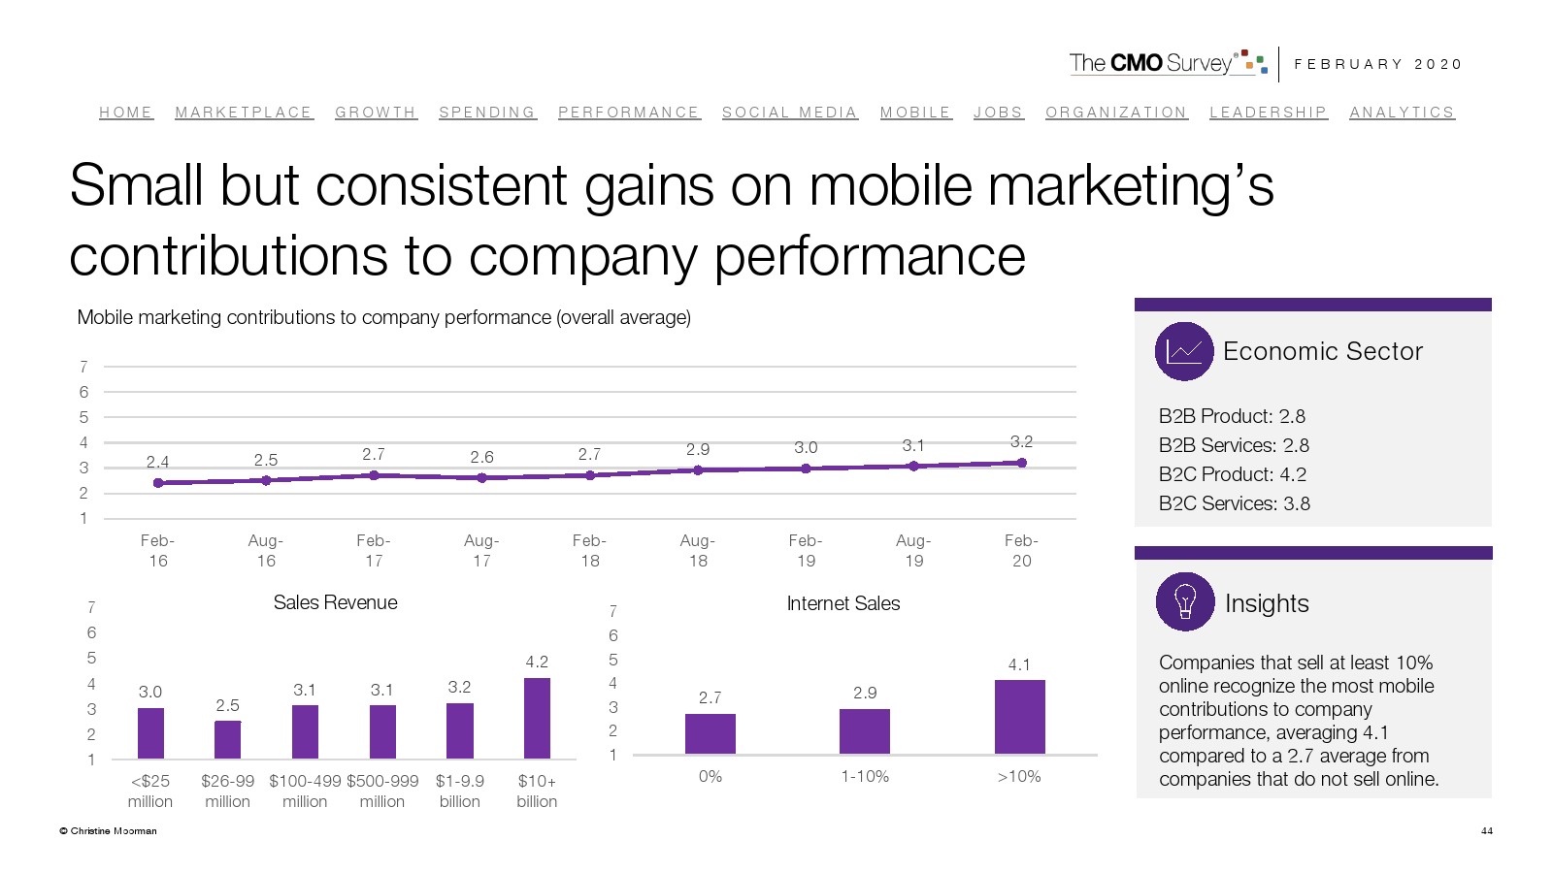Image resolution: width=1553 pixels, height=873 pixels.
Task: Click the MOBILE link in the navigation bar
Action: [915, 113]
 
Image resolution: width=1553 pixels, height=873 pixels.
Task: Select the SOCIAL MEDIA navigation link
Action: [789, 113]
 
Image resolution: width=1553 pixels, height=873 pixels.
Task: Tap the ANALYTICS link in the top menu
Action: [1402, 113]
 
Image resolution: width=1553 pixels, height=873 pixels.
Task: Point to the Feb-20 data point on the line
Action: [1021, 463]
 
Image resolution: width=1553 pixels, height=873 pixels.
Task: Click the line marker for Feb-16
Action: [158, 482]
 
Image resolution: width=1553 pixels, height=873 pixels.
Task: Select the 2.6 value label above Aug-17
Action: [481, 457]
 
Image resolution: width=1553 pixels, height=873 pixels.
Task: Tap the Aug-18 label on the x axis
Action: [698, 550]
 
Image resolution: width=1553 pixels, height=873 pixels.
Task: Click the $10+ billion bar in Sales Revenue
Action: [537, 718]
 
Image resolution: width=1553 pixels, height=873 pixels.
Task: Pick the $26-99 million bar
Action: [227, 739]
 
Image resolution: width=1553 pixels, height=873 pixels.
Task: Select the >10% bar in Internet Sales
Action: [1019, 717]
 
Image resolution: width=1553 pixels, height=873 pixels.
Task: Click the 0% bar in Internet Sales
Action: [710, 733]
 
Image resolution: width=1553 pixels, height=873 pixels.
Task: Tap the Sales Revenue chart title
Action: [335, 602]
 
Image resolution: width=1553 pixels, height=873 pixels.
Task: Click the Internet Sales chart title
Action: [843, 603]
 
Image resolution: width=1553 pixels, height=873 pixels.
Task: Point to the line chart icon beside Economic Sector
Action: [1184, 351]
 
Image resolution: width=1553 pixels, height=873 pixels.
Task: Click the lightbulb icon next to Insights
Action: [1184, 601]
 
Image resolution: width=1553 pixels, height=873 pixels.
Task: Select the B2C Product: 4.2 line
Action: [1232, 474]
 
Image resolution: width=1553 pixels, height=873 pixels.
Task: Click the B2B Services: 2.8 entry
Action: [1233, 445]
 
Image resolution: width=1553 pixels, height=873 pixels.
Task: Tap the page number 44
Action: [1486, 830]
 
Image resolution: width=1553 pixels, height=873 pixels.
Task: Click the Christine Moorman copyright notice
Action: [108, 830]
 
